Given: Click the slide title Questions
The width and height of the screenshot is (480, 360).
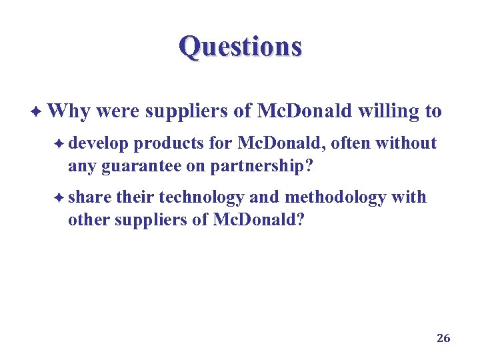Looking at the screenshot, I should (x=240, y=47).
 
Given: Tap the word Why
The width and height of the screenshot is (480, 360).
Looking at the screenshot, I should (x=69, y=111).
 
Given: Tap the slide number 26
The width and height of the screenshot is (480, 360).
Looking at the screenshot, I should (x=443, y=338).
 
